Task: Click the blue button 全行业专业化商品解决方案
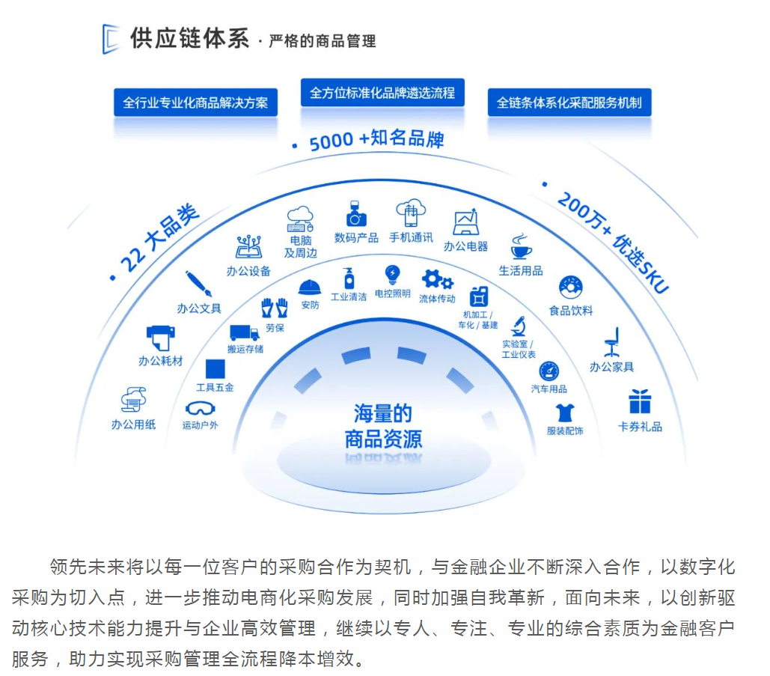click(x=195, y=103)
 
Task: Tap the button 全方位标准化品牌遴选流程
click(x=382, y=93)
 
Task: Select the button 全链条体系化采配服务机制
click(x=569, y=103)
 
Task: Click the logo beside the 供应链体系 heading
click(x=111, y=39)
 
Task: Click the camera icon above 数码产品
click(x=356, y=215)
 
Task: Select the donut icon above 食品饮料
click(x=570, y=287)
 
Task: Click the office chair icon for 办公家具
click(x=612, y=342)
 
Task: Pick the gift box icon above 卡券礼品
click(x=640, y=401)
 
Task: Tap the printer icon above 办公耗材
click(x=160, y=338)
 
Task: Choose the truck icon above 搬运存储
click(x=245, y=332)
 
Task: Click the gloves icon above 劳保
click(x=275, y=308)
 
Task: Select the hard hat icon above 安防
click(x=310, y=287)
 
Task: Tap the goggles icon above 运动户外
click(x=200, y=409)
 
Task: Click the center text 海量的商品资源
click(x=383, y=426)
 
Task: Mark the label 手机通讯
click(x=411, y=237)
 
